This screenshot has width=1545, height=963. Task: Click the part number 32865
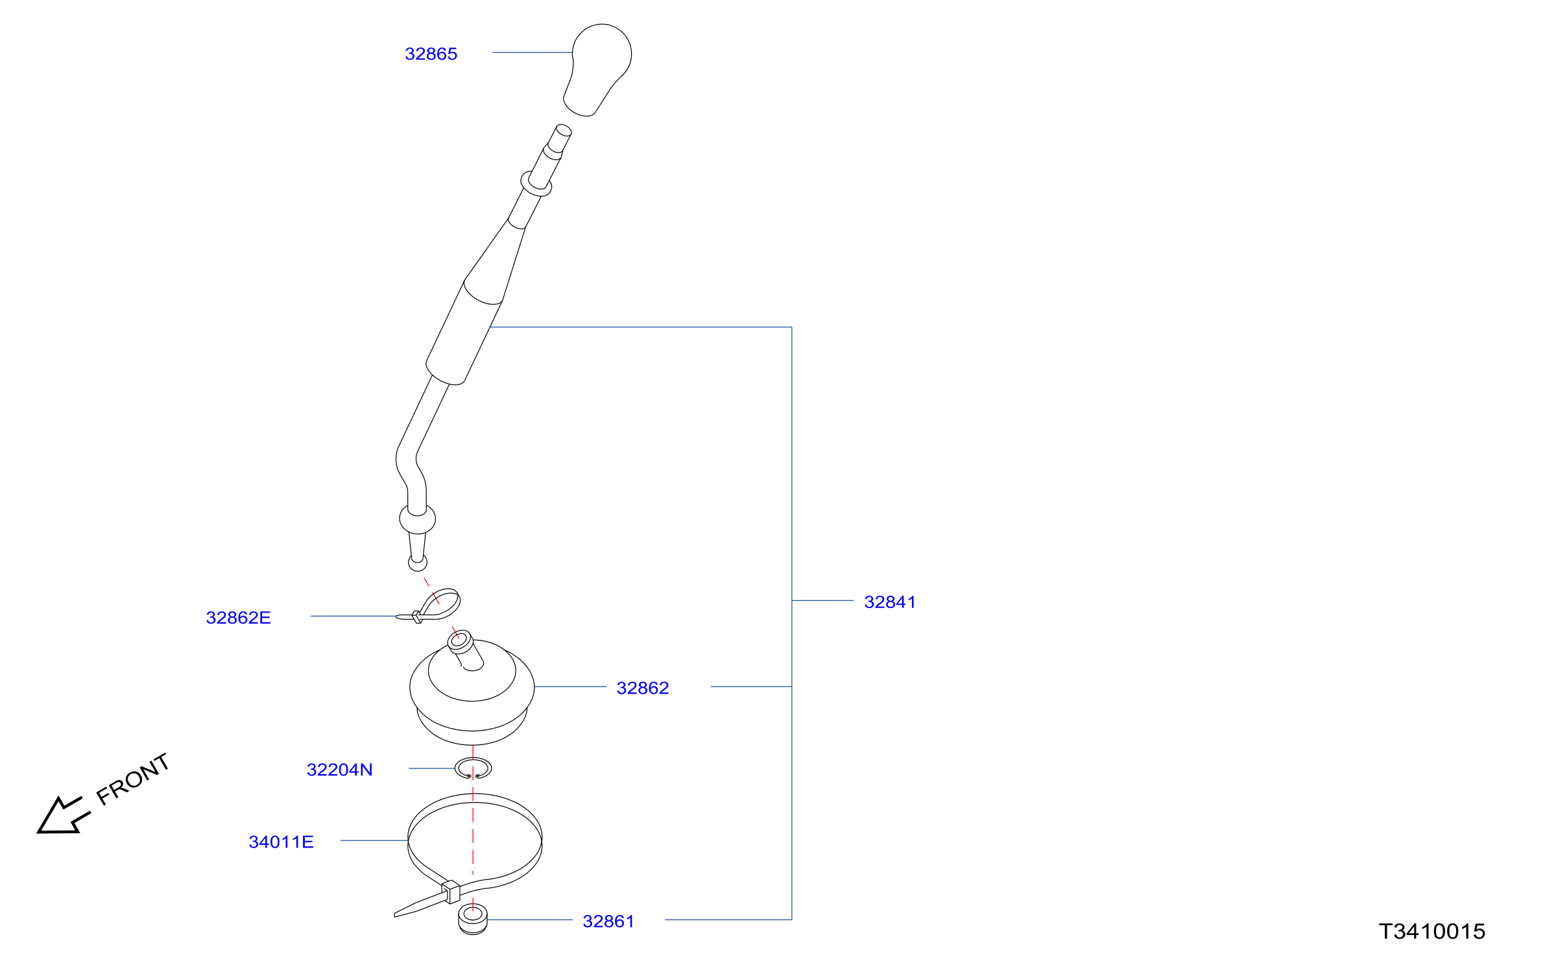(431, 54)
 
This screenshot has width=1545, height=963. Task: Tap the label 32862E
(238, 618)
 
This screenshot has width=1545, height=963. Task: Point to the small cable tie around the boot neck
(429, 606)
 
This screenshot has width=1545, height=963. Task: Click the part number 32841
(890, 602)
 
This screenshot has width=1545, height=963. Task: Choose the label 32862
(642, 688)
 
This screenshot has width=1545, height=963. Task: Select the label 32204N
(339, 770)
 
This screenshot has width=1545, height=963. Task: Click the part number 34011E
(281, 842)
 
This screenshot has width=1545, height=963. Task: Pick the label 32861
(608, 921)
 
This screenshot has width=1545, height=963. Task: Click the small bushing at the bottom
(473, 920)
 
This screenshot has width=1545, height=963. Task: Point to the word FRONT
(133, 779)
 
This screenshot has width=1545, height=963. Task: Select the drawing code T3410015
(1432, 932)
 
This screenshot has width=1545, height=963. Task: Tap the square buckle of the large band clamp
(451, 892)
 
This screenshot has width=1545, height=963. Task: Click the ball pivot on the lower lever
(417, 519)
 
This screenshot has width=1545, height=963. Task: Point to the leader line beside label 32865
(533, 53)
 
